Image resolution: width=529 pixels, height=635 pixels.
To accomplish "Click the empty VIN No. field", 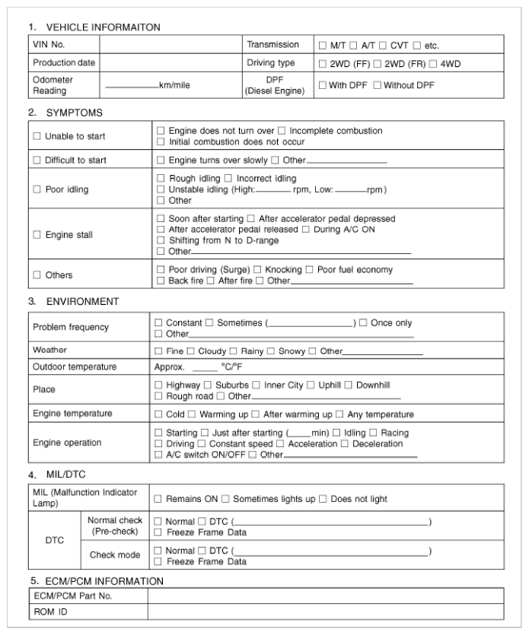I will [171, 45].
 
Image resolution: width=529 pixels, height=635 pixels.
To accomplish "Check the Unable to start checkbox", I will [36, 136].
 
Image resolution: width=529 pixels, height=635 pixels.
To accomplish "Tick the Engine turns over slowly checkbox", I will [161, 160].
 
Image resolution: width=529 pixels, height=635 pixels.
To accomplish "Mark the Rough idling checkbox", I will [161, 179].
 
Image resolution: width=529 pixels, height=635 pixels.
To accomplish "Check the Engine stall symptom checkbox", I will [36, 235].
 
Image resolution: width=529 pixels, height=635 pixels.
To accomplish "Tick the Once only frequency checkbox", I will [364, 323].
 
